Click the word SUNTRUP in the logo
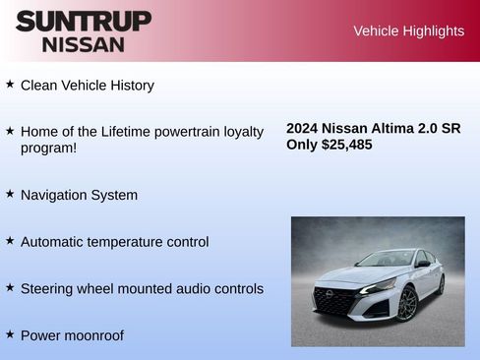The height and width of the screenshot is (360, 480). [x=84, y=21]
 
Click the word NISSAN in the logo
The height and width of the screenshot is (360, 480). [x=84, y=44]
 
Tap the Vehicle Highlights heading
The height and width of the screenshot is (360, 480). [x=408, y=31]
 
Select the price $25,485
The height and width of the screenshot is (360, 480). [x=347, y=145]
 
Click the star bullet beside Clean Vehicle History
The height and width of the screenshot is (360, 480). [x=10, y=85]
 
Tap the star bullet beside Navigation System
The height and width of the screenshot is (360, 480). [x=10, y=194]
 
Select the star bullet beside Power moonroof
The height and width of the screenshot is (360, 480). [x=10, y=334]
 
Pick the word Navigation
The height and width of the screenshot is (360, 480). [x=55, y=195]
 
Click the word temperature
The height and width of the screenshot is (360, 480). [x=128, y=242]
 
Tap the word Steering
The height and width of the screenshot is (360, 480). [x=48, y=289]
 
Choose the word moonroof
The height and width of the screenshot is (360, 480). [x=93, y=335]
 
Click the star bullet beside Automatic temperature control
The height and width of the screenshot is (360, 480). [x=10, y=241]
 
